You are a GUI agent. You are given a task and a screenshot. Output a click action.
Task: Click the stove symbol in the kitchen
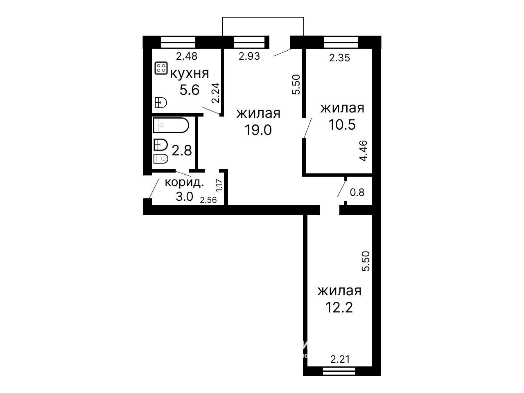click(x=161, y=68)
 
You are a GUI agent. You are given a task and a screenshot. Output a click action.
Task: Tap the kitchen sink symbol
click(x=160, y=103)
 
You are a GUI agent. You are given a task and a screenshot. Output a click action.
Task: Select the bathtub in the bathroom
click(x=171, y=125)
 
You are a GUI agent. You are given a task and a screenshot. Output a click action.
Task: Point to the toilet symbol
click(x=160, y=159)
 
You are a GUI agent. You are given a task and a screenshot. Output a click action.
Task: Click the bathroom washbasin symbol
click(x=160, y=145)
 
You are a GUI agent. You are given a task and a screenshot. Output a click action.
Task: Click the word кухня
click(x=189, y=73)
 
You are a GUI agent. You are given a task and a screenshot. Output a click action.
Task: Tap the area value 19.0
click(x=258, y=130)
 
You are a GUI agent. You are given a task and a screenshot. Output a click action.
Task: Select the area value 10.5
click(x=342, y=124)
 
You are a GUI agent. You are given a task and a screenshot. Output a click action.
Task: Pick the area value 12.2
click(x=339, y=308)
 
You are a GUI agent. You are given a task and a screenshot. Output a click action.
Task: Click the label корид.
click(x=185, y=183)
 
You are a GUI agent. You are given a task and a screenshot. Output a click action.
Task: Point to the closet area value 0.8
click(x=357, y=192)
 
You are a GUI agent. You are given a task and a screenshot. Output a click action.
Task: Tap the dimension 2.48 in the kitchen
click(x=187, y=56)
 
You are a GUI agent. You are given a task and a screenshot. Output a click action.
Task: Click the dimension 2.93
click(x=249, y=56)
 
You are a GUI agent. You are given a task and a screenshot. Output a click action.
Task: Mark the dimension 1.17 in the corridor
click(x=219, y=185)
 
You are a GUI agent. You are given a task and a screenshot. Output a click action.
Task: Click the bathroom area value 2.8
click(x=182, y=151)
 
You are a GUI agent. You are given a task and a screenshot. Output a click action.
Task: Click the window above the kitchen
click(x=178, y=43)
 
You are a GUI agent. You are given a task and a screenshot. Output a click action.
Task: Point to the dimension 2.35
click(x=339, y=58)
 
